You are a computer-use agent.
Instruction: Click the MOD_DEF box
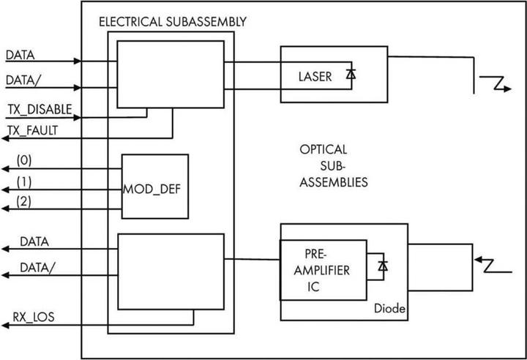coord(154,187)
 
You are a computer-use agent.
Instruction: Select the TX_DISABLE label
coord(40,110)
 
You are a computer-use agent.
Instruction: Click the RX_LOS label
coord(31,318)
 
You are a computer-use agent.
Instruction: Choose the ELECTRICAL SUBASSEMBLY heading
coord(172,21)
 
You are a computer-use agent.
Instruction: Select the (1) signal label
coord(23,180)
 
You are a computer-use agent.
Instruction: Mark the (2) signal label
coord(23,200)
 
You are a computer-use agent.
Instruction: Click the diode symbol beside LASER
coord(351,74)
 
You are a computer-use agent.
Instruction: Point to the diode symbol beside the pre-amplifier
coord(381,265)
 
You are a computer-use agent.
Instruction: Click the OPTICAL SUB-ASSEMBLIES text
coord(333,166)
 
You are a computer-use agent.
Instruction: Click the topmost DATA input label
coord(20,55)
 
